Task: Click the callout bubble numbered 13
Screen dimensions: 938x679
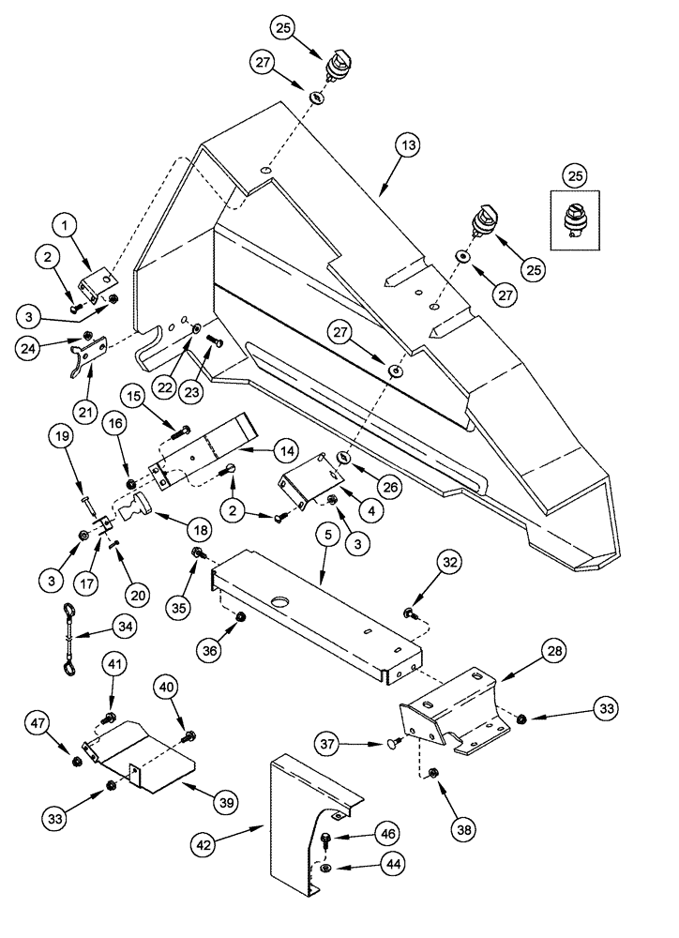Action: pyautogui.click(x=408, y=147)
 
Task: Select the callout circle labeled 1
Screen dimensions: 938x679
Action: pyautogui.click(x=65, y=225)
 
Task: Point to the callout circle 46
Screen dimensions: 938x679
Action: pyautogui.click(x=387, y=832)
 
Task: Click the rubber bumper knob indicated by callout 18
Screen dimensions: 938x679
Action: pyautogui.click(x=144, y=513)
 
